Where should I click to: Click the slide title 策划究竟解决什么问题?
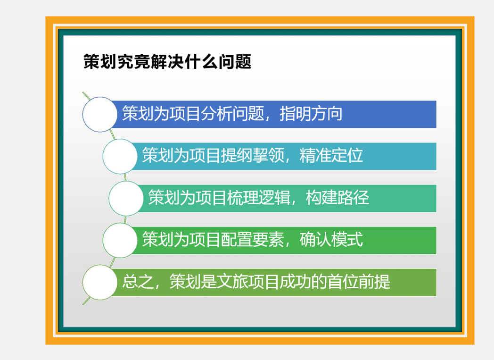pyautogui.click(x=167, y=61)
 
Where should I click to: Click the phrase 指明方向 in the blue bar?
pyautogui.click(x=311, y=114)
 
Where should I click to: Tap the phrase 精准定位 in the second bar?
pyautogui.click(x=331, y=155)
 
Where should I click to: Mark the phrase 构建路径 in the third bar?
pyautogui.click(x=338, y=198)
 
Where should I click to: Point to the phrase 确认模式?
pyautogui.click(x=331, y=240)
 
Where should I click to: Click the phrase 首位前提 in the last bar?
pyautogui.click(x=359, y=282)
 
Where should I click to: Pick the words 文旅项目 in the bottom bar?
pyautogui.click(x=248, y=282)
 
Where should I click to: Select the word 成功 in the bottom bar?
pyautogui.click(x=296, y=282)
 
